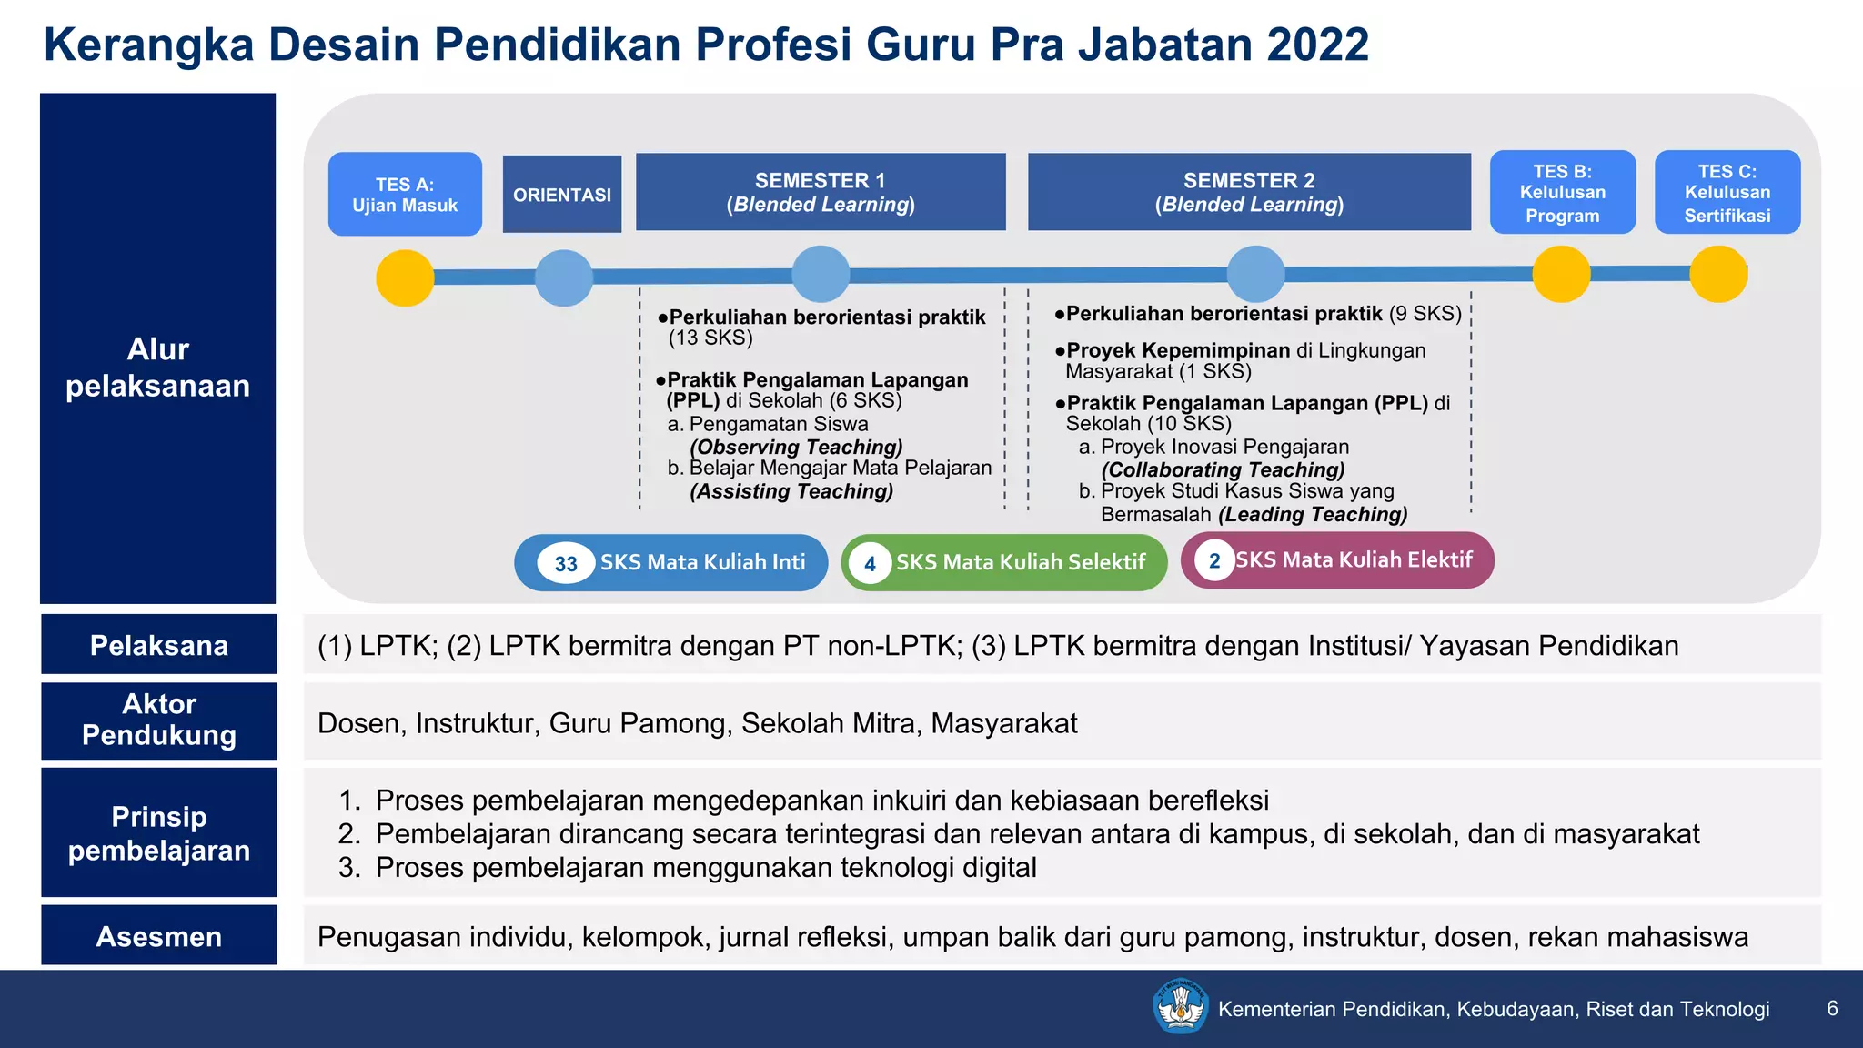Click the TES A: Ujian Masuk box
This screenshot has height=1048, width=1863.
(405, 194)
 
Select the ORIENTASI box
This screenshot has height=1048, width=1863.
(562, 194)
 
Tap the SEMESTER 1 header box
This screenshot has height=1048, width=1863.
(821, 192)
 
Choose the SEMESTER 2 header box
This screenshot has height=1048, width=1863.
(1249, 192)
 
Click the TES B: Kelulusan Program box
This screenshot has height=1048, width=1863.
(1562, 192)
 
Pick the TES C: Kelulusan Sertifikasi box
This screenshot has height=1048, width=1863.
(1727, 192)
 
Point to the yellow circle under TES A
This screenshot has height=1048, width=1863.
(405, 277)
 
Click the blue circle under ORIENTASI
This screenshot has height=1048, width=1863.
(564, 277)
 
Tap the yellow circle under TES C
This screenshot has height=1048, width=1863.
(1718, 274)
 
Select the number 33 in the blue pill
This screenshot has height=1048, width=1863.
(566, 564)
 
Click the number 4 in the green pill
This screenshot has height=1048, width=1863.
(870, 564)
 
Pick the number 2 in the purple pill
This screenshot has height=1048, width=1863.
(1214, 560)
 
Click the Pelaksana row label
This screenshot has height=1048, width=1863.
(159, 645)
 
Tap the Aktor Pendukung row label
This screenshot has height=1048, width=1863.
(159, 720)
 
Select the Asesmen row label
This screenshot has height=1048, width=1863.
(159, 936)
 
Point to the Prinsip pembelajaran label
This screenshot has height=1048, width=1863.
(159, 833)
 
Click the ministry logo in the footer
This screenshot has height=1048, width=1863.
(1180, 1006)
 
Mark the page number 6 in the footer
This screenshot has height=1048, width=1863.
(1832, 1008)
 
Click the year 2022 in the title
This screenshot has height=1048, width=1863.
(1315, 45)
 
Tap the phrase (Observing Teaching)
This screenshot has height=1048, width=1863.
(796, 447)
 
